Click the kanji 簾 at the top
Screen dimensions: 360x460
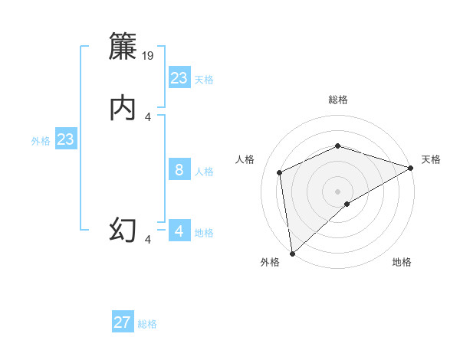point(123,47)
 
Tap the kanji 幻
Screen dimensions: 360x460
point(123,230)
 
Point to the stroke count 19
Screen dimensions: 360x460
point(149,55)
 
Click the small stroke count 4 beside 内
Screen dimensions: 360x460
point(148,116)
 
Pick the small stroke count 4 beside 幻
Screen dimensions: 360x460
point(148,240)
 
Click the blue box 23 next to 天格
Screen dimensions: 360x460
point(179,78)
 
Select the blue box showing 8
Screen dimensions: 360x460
point(179,170)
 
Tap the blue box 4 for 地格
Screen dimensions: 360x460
point(179,231)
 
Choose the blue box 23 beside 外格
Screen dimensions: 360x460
point(65,139)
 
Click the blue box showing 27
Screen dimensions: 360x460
point(123,322)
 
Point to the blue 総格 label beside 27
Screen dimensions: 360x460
point(147,324)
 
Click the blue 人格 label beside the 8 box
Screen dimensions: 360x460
point(204,172)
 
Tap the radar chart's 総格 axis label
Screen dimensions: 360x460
point(338,100)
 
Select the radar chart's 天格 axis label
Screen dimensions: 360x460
point(431,159)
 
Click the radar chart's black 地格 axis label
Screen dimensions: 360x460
point(402,263)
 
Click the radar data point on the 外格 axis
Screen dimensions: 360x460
point(292,253)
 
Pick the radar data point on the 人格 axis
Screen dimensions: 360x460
point(280,172)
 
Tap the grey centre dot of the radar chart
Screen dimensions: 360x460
point(338,191)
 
